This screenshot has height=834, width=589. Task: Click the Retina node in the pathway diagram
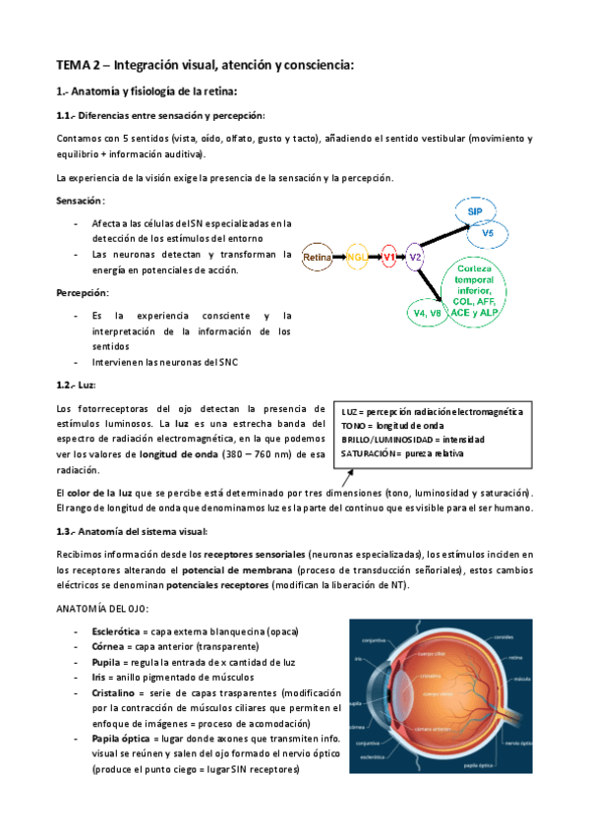pyautogui.click(x=318, y=258)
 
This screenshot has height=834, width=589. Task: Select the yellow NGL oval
pyautogui.click(x=356, y=258)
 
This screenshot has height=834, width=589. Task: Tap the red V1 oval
pyautogui.click(x=388, y=258)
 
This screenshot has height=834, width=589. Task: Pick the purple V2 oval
pyautogui.click(x=416, y=258)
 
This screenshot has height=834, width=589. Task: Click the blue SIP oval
pyautogui.click(x=474, y=211)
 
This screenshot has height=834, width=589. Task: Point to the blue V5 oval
pyautogui.click(x=488, y=234)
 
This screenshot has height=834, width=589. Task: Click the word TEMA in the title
pyautogui.click(x=73, y=66)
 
